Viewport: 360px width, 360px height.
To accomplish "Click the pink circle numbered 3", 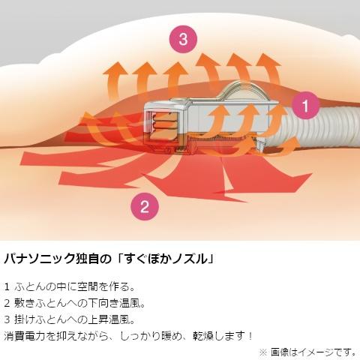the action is pos(183,39).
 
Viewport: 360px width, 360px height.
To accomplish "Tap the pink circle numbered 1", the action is pos(305,105).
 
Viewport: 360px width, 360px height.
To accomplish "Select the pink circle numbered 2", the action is pos(145,206).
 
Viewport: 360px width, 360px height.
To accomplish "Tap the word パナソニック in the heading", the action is pos(40,259).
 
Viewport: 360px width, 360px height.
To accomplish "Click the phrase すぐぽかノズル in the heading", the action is pos(166,259).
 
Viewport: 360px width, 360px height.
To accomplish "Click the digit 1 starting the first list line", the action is pos(7,286).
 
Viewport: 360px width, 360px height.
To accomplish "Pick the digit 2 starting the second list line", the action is pos(7,303).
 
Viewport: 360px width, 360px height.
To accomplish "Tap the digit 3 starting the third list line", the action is pos(7,319).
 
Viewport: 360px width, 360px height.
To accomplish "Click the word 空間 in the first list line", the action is pos(87,286).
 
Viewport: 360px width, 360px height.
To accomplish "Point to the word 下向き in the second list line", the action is pos(103,303).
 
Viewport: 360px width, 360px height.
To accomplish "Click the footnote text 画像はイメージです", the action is pos(313,352).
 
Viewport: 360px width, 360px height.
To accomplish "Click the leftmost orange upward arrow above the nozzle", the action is pos(114,80).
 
